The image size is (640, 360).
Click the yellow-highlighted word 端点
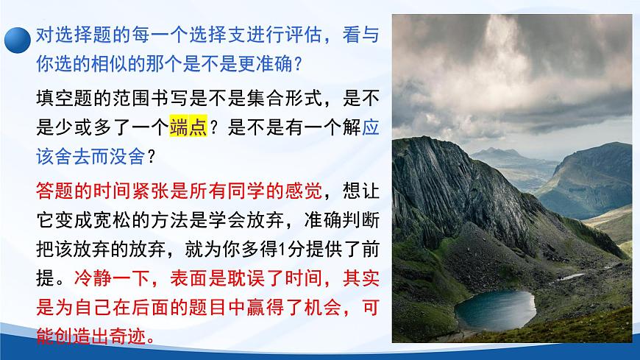189,127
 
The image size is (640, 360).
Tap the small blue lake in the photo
494,309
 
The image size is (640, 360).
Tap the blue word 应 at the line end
371,127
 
